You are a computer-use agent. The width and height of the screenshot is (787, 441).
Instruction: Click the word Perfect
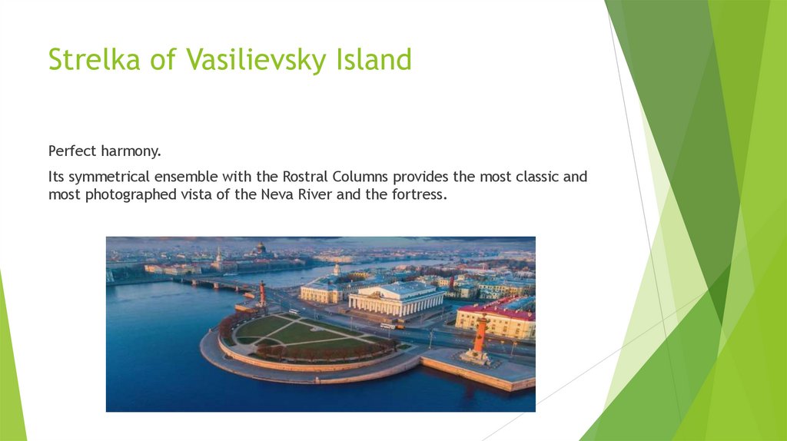pyautogui.click(x=74, y=151)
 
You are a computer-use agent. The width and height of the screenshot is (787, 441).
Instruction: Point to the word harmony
pyautogui.click(x=133, y=151)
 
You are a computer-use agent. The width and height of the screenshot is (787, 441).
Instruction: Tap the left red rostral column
pyautogui.click(x=262, y=294)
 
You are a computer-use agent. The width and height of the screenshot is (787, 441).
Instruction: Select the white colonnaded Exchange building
pyautogui.click(x=396, y=299)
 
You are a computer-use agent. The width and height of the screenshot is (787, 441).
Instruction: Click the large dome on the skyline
pyautogui.click(x=261, y=249)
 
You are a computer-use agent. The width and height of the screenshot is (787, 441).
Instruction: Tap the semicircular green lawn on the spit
pyautogui.click(x=300, y=335)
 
